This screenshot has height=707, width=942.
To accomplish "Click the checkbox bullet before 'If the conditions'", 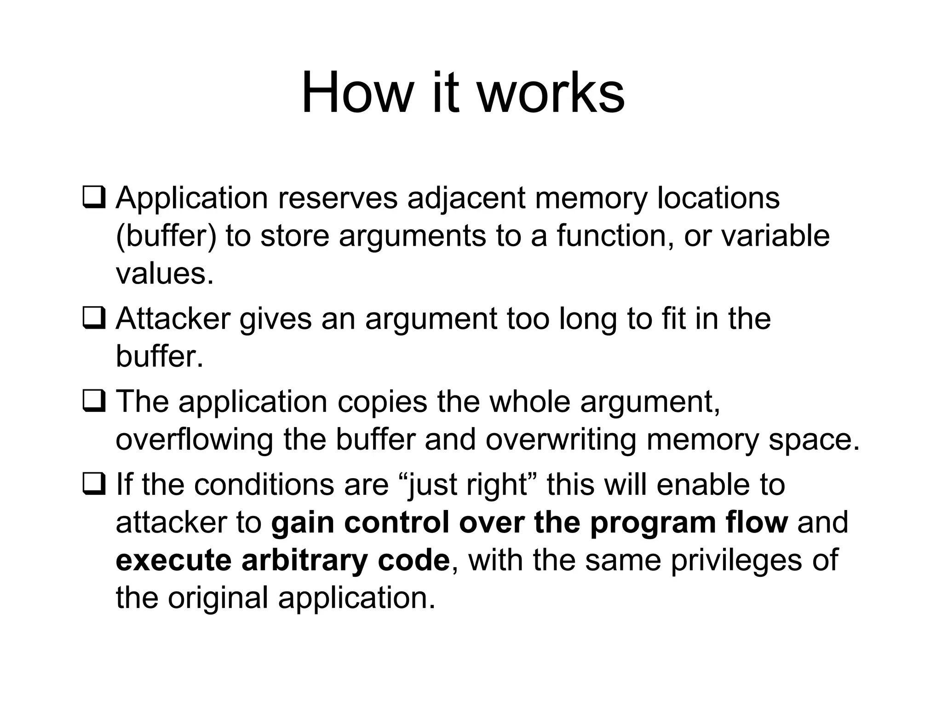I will tap(94, 484).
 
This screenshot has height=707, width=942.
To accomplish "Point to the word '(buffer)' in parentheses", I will tap(166, 236).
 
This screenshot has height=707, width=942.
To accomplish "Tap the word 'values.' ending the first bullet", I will tap(165, 273).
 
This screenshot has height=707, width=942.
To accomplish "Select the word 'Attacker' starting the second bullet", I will tap(173, 319).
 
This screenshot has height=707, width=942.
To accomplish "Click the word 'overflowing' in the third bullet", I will tap(194, 440).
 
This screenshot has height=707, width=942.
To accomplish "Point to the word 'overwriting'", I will tap(561, 440).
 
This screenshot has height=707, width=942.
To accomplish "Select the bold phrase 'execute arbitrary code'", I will tap(282, 561).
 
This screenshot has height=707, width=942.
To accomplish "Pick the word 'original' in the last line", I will tap(218, 598).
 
